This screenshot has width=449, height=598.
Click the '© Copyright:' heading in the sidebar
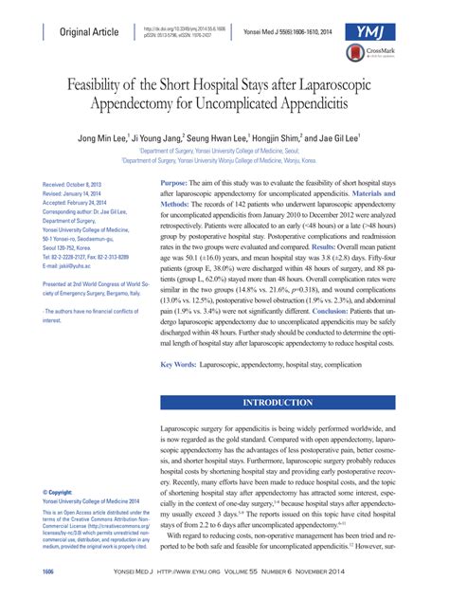pos(59,493)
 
